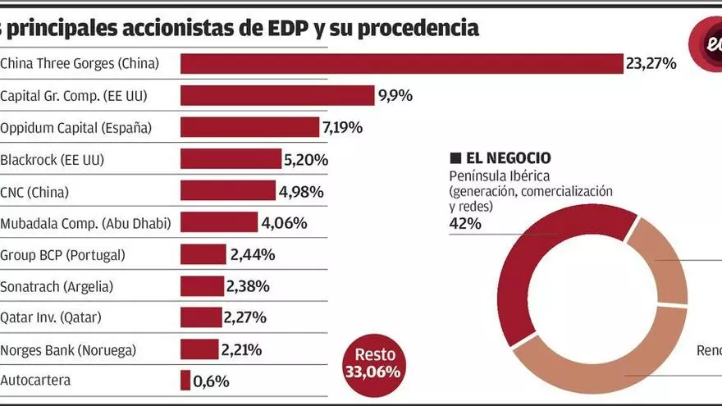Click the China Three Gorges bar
[x=402, y=64]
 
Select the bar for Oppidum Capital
[x=249, y=127]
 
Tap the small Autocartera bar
[x=185, y=381]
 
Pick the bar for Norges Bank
[x=199, y=349]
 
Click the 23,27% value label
[x=651, y=63]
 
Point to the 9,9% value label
[x=395, y=96]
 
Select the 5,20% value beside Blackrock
[x=306, y=160]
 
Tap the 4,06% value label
[x=284, y=223]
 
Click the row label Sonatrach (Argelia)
[x=57, y=286]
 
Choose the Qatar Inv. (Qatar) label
[x=51, y=317]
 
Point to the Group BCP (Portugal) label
[x=63, y=254]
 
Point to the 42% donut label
[x=465, y=223]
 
